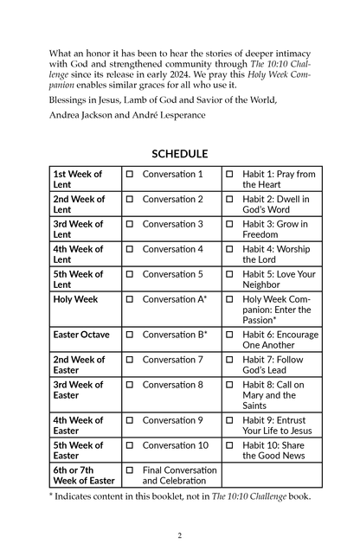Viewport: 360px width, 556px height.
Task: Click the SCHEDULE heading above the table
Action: (x=180, y=154)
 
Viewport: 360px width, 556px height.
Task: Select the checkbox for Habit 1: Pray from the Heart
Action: (x=229, y=175)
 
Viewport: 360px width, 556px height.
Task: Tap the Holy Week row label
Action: (x=75, y=299)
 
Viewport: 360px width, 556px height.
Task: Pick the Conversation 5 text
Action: (x=173, y=274)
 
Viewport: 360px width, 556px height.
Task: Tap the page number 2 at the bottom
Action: (x=180, y=535)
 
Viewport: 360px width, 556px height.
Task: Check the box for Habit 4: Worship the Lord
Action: (x=229, y=249)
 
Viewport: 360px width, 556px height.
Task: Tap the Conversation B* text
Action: (x=175, y=335)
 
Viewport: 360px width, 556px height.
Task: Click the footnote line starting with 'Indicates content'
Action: (x=183, y=496)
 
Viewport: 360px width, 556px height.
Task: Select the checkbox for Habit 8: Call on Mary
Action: (x=229, y=385)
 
